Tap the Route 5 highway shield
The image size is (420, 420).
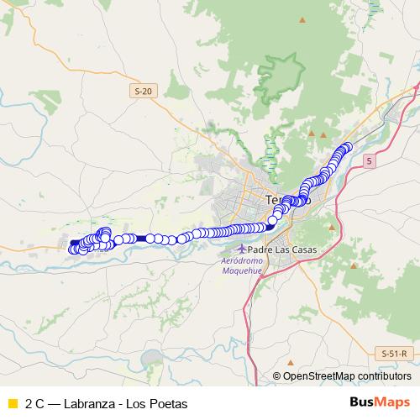[367, 158]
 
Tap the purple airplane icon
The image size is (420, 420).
[243, 249]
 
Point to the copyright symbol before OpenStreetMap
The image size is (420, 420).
[276, 375]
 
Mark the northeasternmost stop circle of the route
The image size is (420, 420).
[346, 147]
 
